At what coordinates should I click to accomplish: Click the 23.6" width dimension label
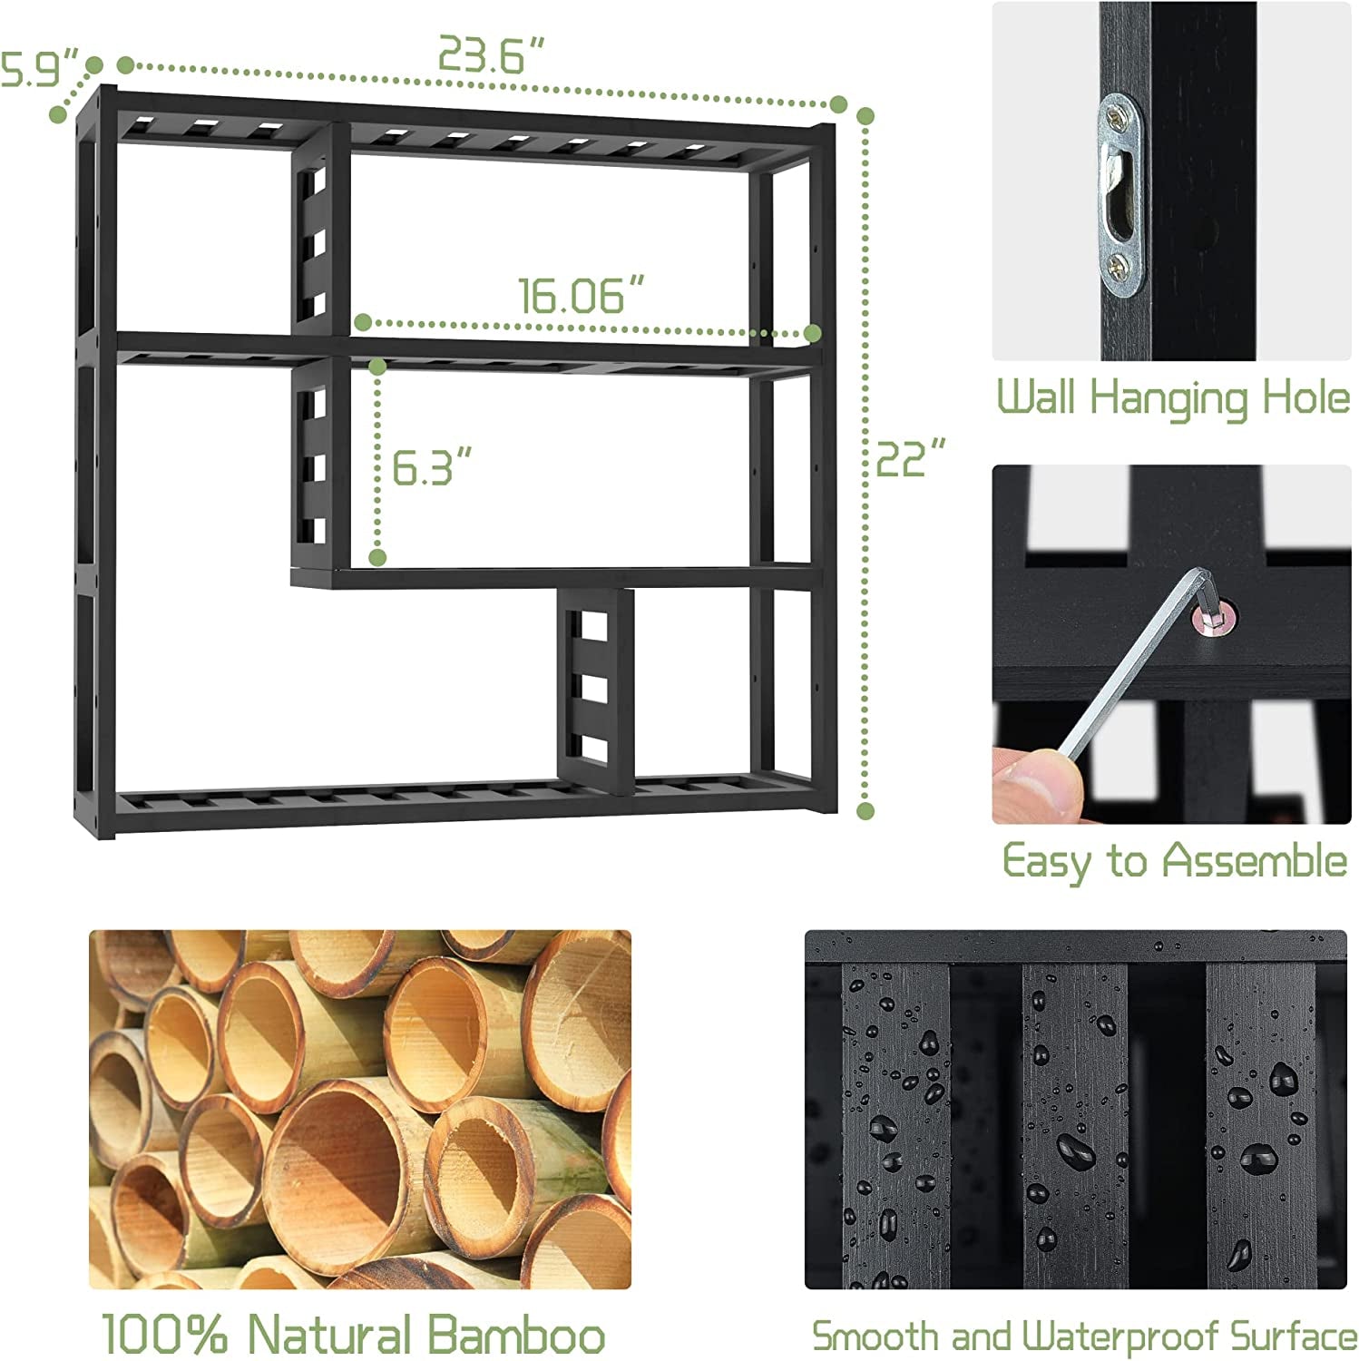(492, 54)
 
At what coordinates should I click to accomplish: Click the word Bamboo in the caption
(516, 1334)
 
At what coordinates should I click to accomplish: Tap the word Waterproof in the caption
(1120, 1337)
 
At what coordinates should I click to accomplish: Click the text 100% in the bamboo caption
(169, 1334)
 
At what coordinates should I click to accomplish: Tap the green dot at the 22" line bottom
(865, 810)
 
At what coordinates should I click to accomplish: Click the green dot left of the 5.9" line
(59, 114)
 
